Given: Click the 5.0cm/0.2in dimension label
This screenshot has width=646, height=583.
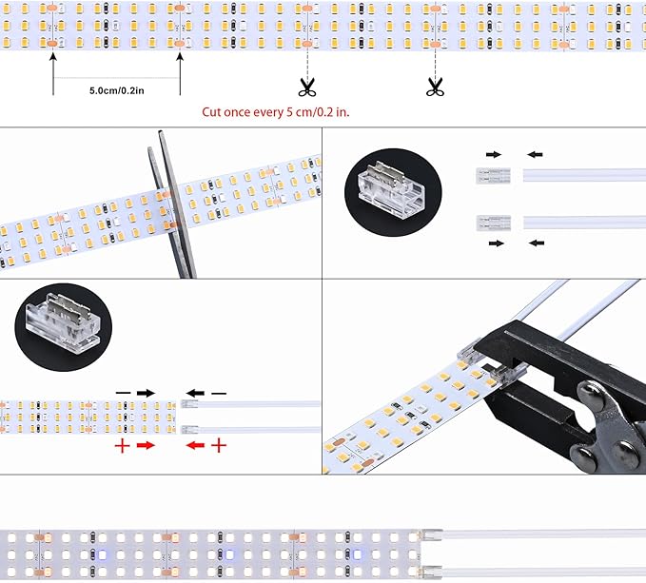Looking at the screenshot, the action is [x=117, y=90].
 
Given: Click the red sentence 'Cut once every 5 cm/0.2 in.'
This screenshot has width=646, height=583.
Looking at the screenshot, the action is [x=275, y=112].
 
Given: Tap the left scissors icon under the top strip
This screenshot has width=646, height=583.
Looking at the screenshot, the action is [x=307, y=87].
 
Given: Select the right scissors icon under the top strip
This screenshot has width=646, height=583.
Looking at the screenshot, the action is [x=435, y=87].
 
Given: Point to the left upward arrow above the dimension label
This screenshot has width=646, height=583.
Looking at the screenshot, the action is [x=53, y=74].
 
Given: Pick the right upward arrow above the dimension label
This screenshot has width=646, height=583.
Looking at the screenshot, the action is [x=180, y=74].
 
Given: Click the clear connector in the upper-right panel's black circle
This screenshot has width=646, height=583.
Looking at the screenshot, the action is [x=392, y=191].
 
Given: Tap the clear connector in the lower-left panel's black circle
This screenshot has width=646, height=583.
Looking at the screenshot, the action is [x=63, y=325].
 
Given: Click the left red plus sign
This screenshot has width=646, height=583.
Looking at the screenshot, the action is [x=122, y=446].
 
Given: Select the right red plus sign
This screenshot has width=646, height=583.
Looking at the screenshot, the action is [x=219, y=445].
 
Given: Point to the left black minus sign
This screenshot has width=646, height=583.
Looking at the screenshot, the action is [x=123, y=393].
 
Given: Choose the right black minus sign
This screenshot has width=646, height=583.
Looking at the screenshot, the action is [x=219, y=394].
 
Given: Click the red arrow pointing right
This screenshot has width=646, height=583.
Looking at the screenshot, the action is [x=146, y=445].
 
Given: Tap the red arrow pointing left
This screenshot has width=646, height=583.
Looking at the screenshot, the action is [x=195, y=445].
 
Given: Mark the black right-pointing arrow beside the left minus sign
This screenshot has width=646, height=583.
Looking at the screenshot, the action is [x=146, y=393].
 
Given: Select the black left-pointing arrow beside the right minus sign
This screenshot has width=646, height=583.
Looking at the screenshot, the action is [x=195, y=393].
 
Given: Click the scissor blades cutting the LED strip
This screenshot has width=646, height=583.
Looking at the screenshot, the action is [x=173, y=204].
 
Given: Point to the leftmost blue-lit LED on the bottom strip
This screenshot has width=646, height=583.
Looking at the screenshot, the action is [x=102, y=555].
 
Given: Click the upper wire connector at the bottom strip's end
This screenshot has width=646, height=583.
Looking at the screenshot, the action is [x=431, y=534].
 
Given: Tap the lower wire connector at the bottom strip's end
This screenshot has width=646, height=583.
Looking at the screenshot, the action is [x=431, y=572].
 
